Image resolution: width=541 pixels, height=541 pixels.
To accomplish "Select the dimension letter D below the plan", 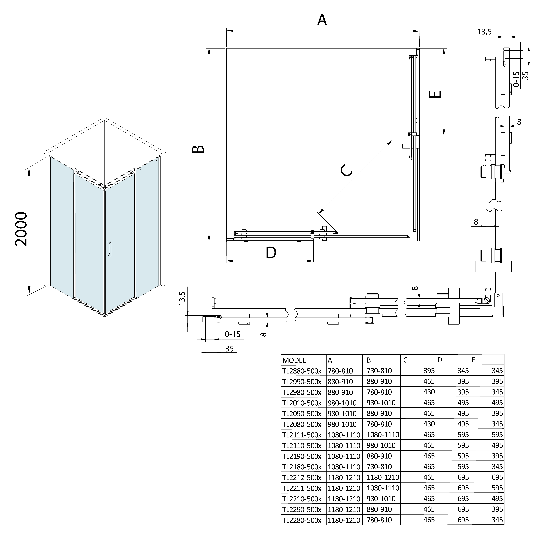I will coord(271,253).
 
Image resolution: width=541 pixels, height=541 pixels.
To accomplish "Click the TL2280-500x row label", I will coord(302,520).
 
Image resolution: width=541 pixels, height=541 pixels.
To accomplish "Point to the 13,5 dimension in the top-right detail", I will coord(484,32).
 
